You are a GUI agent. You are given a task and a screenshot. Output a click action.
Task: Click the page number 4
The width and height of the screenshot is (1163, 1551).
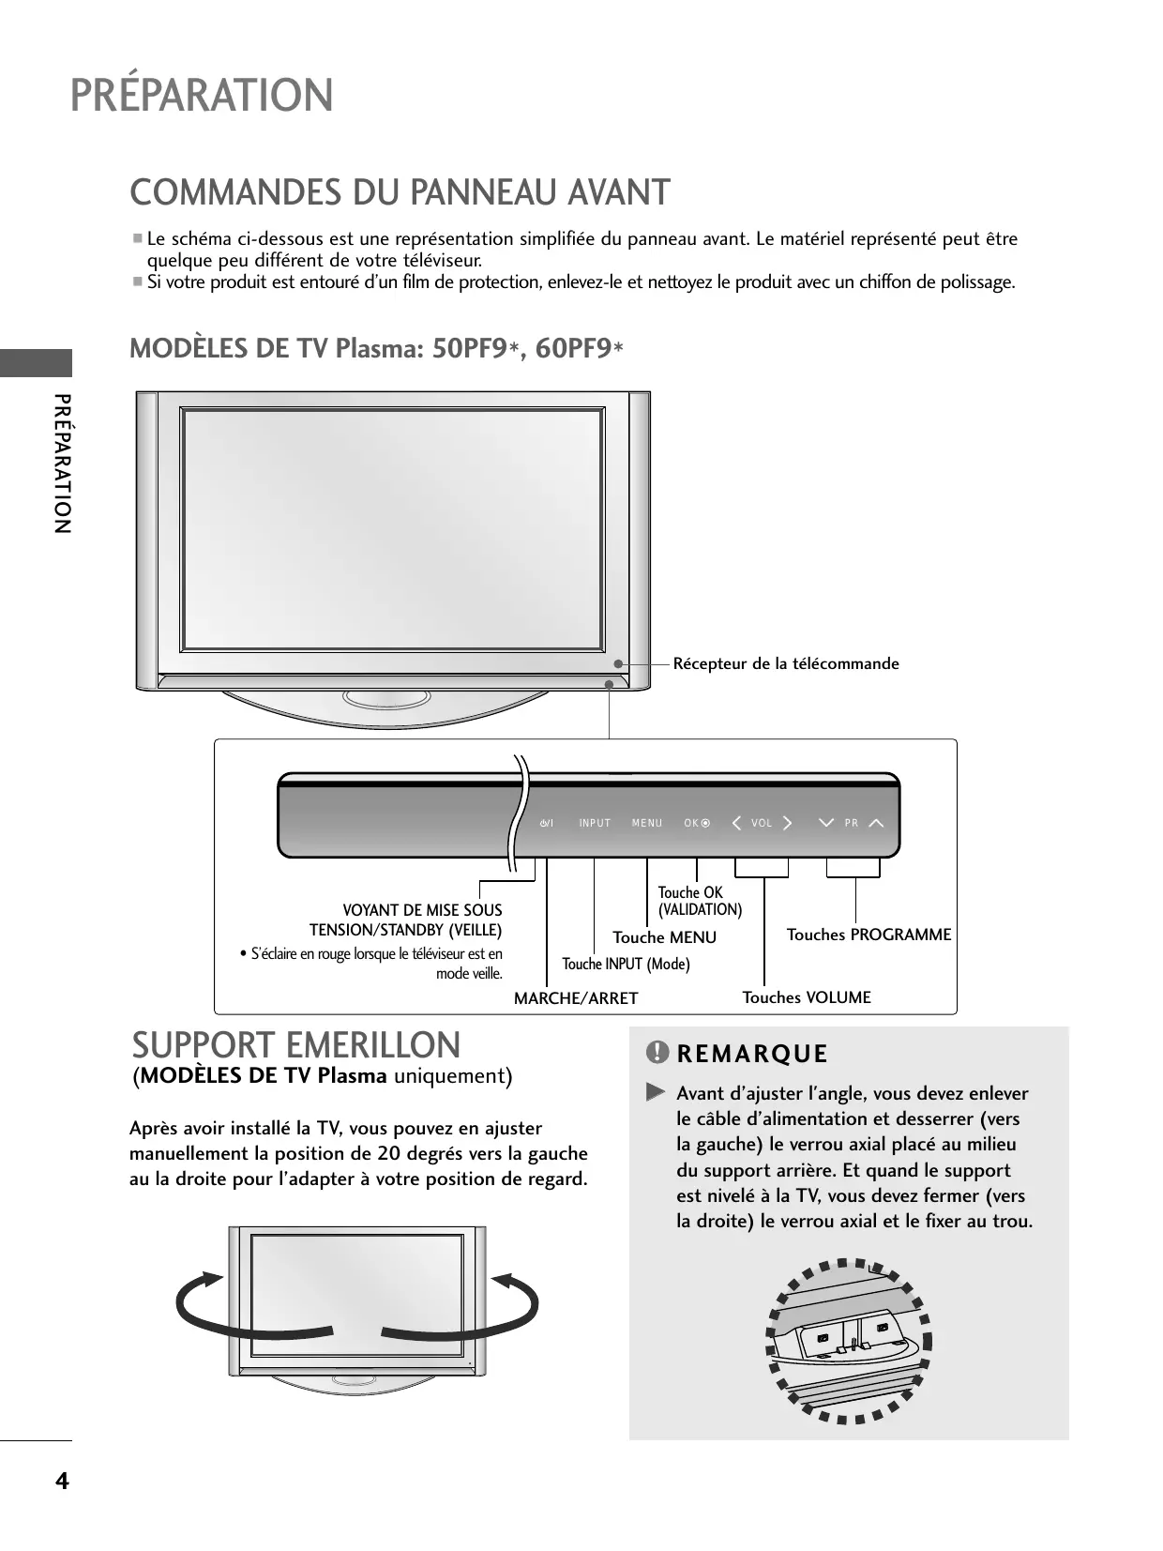pyautogui.click(x=62, y=1482)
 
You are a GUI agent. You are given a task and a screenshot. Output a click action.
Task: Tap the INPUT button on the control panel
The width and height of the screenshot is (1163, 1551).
pyautogui.click(x=595, y=823)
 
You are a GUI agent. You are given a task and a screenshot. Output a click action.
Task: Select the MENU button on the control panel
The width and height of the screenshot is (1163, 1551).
pyautogui.click(x=647, y=823)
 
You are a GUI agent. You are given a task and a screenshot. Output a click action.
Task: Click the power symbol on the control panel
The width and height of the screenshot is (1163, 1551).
pyautogui.click(x=546, y=823)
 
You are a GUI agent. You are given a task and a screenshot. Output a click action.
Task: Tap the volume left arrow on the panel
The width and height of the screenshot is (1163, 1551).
pyautogui.click(x=736, y=823)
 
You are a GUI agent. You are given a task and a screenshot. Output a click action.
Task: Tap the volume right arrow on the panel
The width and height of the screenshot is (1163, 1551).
pyautogui.click(x=787, y=823)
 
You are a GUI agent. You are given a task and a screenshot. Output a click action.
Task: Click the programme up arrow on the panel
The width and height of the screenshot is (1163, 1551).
pyautogui.click(x=877, y=823)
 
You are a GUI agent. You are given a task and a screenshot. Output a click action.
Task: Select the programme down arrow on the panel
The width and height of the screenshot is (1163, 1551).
pyautogui.click(x=825, y=823)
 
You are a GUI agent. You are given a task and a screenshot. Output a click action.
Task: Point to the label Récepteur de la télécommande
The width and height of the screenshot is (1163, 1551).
pyautogui.click(x=786, y=663)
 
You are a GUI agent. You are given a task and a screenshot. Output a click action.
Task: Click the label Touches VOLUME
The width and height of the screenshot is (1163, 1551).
pyautogui.click(x=807, y=997)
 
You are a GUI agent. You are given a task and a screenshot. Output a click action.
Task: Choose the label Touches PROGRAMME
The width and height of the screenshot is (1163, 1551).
pyautogui.click(x=868, y=935)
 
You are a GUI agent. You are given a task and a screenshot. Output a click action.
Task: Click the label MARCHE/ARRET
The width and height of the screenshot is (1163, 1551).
pyautogui.click(x=576, y=998)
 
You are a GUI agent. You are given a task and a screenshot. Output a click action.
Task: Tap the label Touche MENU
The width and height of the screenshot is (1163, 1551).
pyautogui.click(x=664, y=937)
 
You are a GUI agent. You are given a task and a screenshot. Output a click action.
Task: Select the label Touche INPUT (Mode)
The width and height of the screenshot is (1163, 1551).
pyautogui.click(x=626, y=964)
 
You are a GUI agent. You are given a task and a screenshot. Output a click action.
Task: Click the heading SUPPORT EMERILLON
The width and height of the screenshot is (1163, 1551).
pyautogui.click(x=296, y=1045)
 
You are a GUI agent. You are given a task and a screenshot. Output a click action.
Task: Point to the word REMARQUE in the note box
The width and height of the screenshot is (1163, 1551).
pyautogui.click(x=752, y=1055)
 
